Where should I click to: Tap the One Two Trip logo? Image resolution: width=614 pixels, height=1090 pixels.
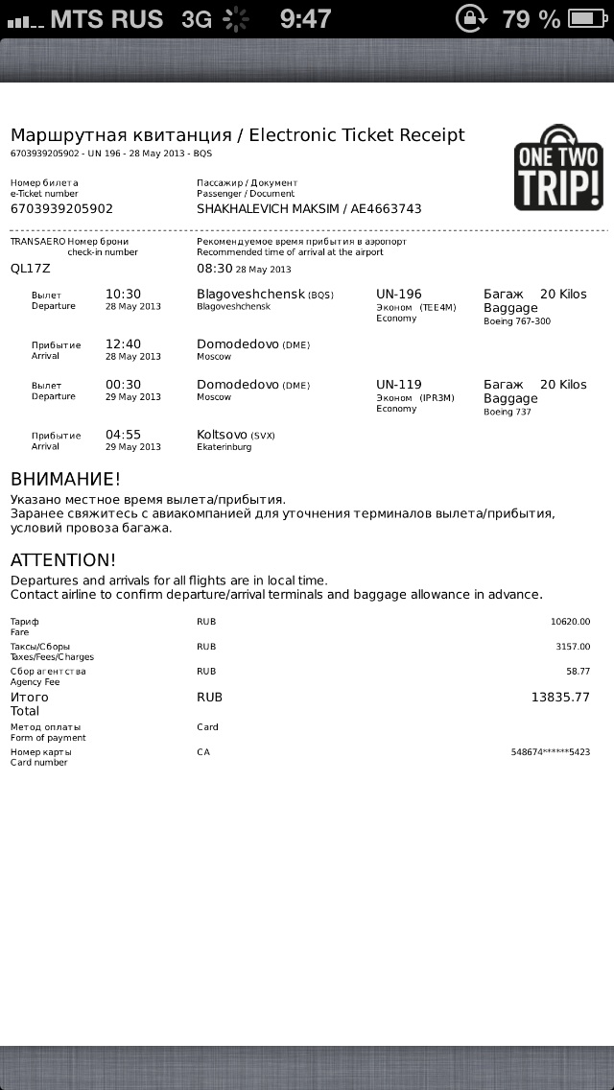tap(558, 168)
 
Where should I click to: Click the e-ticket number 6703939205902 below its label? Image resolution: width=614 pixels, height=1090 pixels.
tap(61, 208)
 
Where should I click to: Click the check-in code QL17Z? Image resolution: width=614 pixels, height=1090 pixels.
tap(30, 269)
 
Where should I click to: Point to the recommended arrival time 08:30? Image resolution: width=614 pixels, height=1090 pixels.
tap(215, 269)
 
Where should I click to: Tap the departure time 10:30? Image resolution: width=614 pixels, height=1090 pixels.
tap(123, 294)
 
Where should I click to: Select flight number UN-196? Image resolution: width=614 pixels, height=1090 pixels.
tap(399, 294)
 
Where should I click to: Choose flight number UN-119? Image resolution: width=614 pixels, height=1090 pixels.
tap(399, 384)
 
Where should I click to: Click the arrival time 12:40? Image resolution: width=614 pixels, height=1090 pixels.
tap(123, 344)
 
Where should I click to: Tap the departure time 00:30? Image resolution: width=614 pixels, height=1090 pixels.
tap(123, 384)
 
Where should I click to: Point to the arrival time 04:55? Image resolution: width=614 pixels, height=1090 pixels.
tap(123, 434)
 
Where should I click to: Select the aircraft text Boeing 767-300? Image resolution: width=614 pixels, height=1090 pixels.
tap(517, 321)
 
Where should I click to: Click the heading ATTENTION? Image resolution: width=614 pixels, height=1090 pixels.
tap(63, 559)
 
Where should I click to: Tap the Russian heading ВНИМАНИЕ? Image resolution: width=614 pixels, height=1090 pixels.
tap(65, 479)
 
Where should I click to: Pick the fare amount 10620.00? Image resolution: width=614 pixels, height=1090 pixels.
tap(570, 622)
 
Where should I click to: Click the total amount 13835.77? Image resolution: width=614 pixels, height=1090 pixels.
tap(560, 698)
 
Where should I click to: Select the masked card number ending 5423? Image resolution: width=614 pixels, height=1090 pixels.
tap(551, 752)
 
